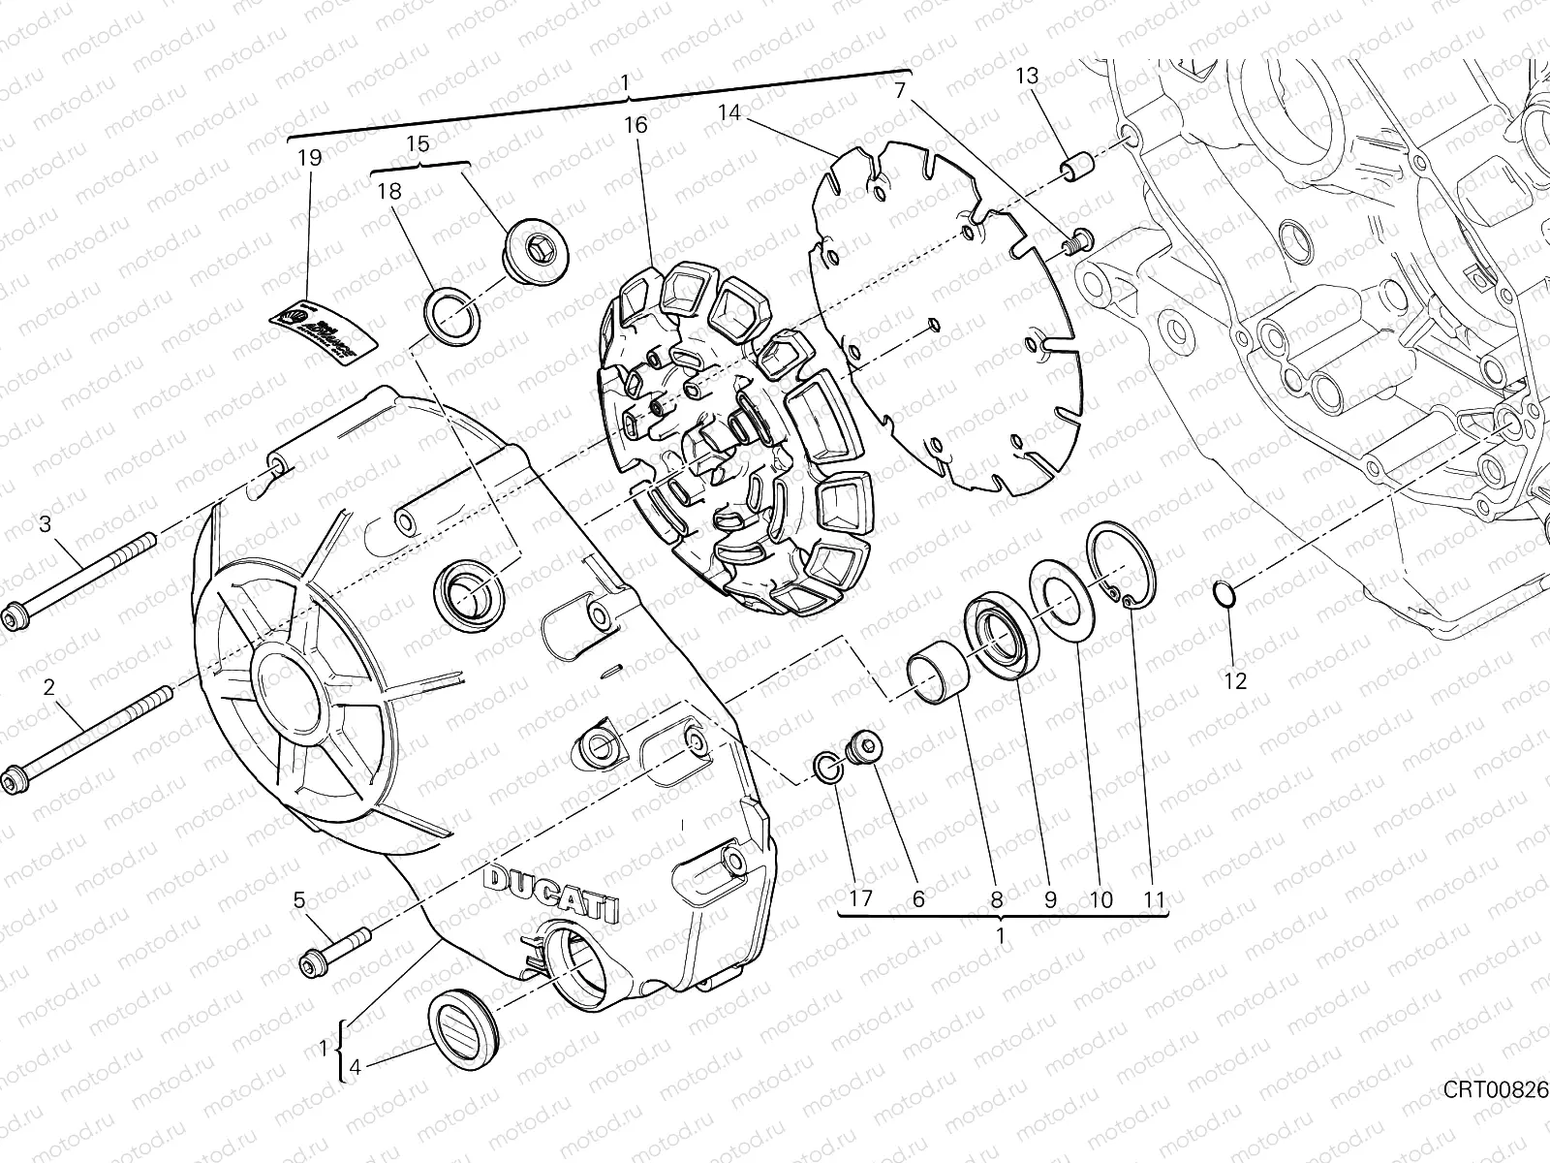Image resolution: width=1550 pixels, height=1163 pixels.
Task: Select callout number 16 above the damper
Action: pos(635,125)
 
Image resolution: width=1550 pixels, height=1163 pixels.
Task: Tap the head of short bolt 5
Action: pos(311,963)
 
